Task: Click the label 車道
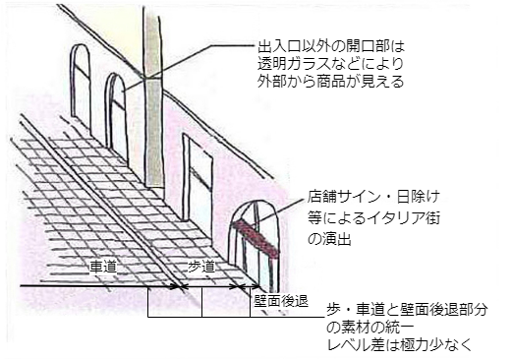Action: click(104, 268)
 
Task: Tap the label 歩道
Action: click(201, 268)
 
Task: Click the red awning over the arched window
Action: click(256, 239)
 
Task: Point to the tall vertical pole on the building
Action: click(153, 98)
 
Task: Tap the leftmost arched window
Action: click(82, 89)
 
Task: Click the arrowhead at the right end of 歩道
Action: click(242, 287)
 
